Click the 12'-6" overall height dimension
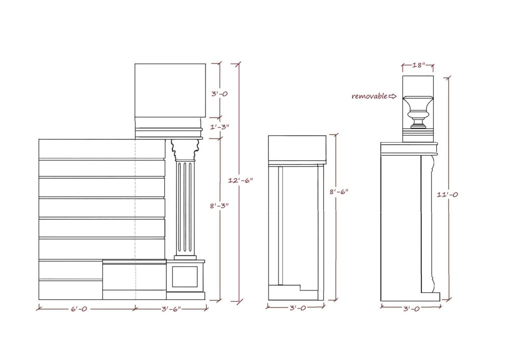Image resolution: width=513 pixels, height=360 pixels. click(x=240, y=180)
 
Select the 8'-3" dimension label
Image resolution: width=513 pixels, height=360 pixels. click(x=219, y=206)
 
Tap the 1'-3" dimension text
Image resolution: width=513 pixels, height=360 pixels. click(x=219, y=127)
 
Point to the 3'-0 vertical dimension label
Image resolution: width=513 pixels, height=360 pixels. click(x=219, y=94)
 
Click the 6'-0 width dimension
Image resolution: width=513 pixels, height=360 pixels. click(x=79, y=309)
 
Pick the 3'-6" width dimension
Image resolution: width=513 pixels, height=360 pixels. click(x=171, y=309)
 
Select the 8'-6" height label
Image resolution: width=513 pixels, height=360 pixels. click(x=339, y=192)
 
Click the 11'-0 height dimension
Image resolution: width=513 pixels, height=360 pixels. click(x=447, y=195)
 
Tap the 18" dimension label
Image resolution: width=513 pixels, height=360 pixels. click(x=418, y=65)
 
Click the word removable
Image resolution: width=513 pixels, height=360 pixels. click(x=369, y=96)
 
